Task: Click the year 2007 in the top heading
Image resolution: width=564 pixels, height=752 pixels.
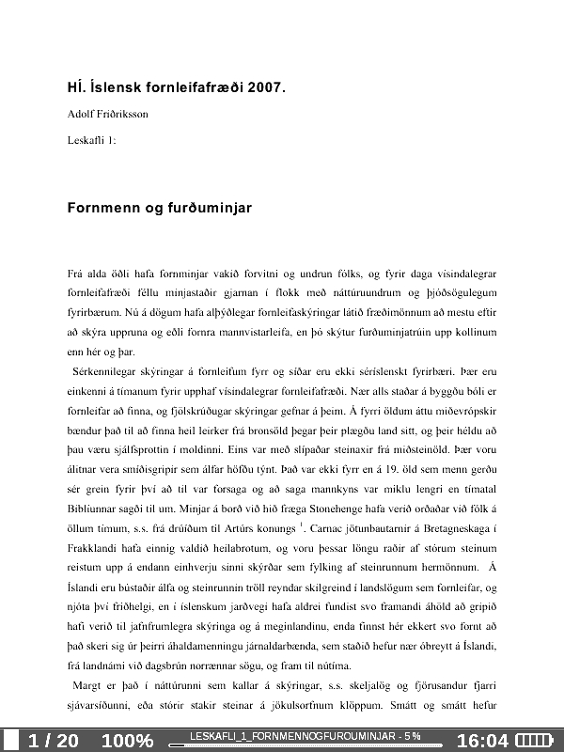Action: pyautogui.click(x=263, y=89)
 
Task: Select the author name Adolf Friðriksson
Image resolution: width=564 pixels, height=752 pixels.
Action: pyautogui.click(x=108, y=115)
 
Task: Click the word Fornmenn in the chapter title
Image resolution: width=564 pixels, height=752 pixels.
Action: pyautogui.click(x=101, y=207)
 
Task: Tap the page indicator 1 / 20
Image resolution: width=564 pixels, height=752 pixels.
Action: pyautogui.click(x=54, y=741)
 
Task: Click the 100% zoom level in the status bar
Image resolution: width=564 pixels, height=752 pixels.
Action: pyautogui.click(x=127, y=741)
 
